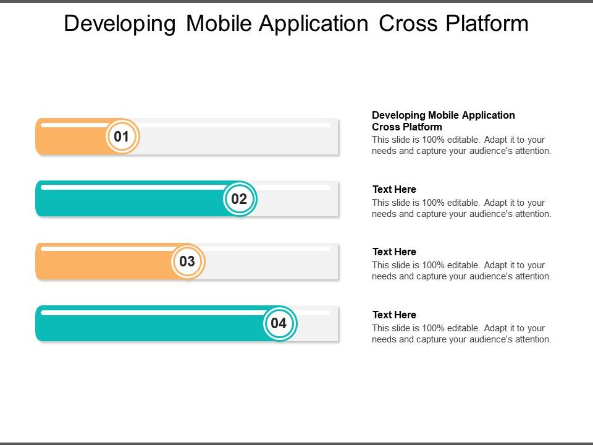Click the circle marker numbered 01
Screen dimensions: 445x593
pyautogui.click(x=122, y=137)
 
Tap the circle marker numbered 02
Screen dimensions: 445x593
pyautogui.click(x=239, y=199)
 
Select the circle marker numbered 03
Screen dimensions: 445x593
pyautogui.click(x=187, y=261)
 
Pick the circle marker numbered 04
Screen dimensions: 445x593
pyautogui.click(x=279, y=323)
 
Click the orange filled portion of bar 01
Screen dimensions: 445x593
pyautogui.click(x=71, y=141)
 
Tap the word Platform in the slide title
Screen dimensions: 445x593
pyautogui.click(x=485, y=23)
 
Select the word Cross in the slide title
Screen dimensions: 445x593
pyautogui.click(x=405, y=23)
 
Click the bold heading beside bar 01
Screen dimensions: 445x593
pyautogui.click(x=443, y=121)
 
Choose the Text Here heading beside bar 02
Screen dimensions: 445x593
pyautogui.click(x=394, y=189)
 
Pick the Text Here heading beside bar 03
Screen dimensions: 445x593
pyautogui.click(x=394, y=252)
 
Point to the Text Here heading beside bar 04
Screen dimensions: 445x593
pyautogui.click(x=394, y=315)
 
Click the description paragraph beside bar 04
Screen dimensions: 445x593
pyautogui.click(x=461, y=334)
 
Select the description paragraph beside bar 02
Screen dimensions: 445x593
pyautogui.click(x=461, y=208)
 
